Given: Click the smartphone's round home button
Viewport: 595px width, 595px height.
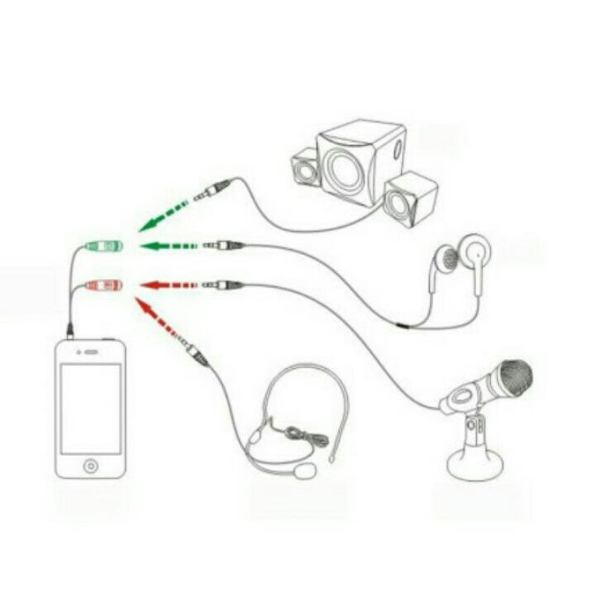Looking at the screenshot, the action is [90, 466].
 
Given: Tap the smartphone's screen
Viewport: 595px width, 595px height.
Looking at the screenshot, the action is [90, 409].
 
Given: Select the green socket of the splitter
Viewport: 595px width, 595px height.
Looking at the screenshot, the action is [103, 245].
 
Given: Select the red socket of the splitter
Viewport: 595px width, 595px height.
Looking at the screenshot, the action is [103, 285].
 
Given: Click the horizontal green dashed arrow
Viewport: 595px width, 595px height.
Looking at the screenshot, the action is [169, 245].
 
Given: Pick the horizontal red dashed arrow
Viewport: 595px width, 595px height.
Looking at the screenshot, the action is [169, 285].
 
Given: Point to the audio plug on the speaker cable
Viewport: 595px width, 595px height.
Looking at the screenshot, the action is [212, 191].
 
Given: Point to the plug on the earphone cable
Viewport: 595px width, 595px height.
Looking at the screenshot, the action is [223, 245].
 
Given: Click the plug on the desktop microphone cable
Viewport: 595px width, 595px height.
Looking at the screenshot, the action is [223, 284].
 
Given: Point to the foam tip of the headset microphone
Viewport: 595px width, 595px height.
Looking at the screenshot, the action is [305, 472].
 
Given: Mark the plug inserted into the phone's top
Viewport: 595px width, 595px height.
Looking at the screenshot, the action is [70, 328].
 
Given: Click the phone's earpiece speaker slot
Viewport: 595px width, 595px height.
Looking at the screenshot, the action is [90, 352].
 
